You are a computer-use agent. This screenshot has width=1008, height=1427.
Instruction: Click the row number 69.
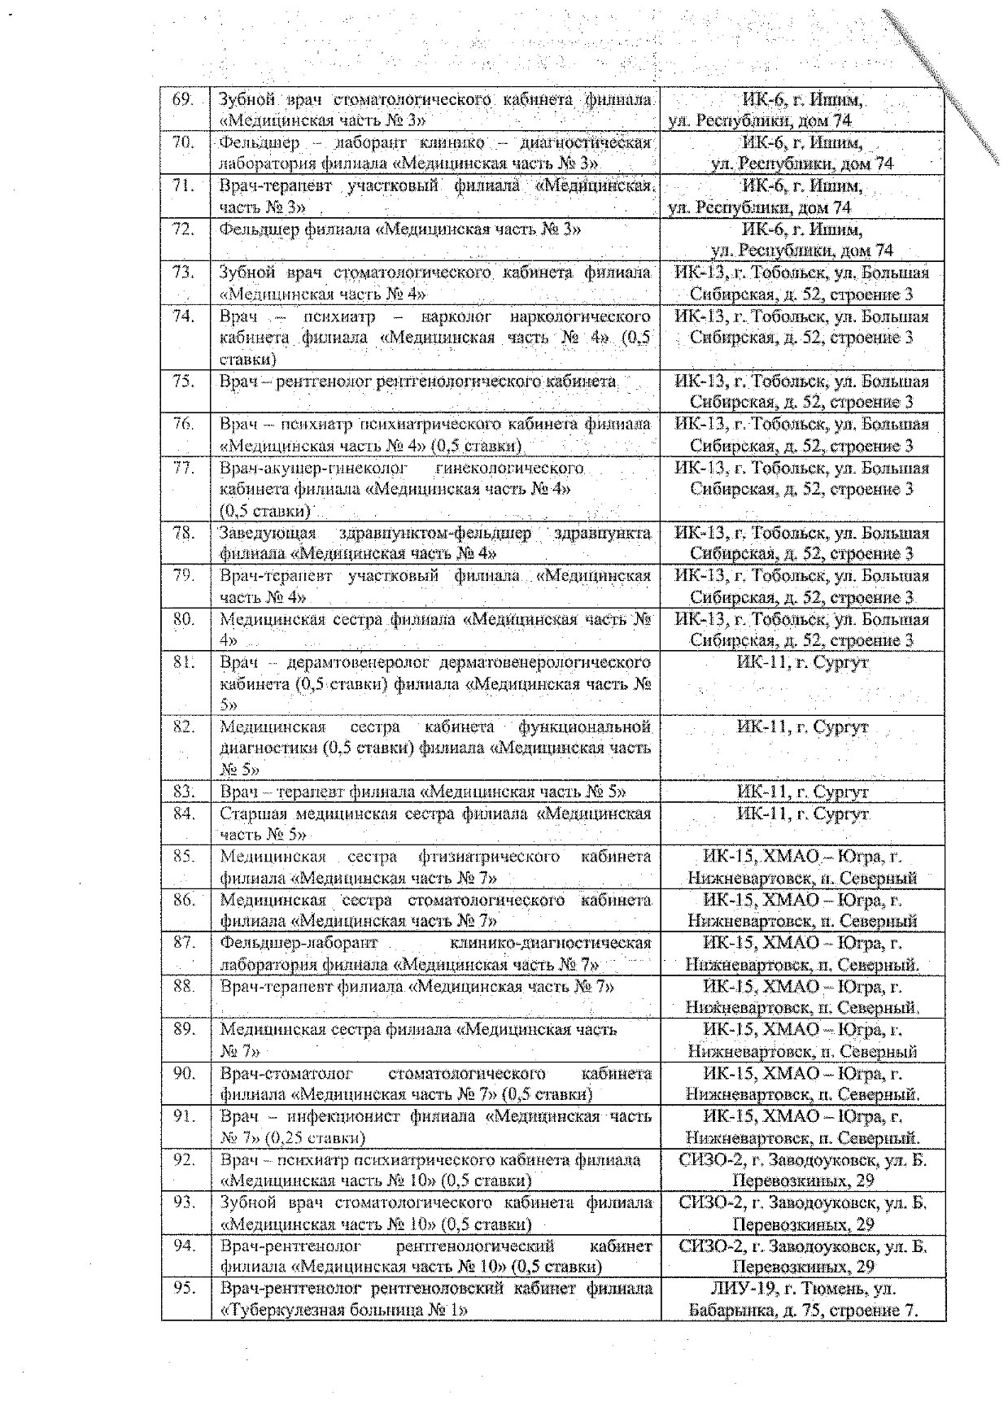click(183, 99)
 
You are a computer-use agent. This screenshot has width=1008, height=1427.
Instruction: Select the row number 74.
click(184, 316)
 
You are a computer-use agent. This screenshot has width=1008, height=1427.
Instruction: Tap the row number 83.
click(184, 792)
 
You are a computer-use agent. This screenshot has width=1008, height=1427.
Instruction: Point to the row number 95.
click(184, 1289)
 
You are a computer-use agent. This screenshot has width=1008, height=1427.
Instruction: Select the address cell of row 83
click(802, 792)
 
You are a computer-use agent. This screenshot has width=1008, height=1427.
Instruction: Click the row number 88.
click(184, 986)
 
